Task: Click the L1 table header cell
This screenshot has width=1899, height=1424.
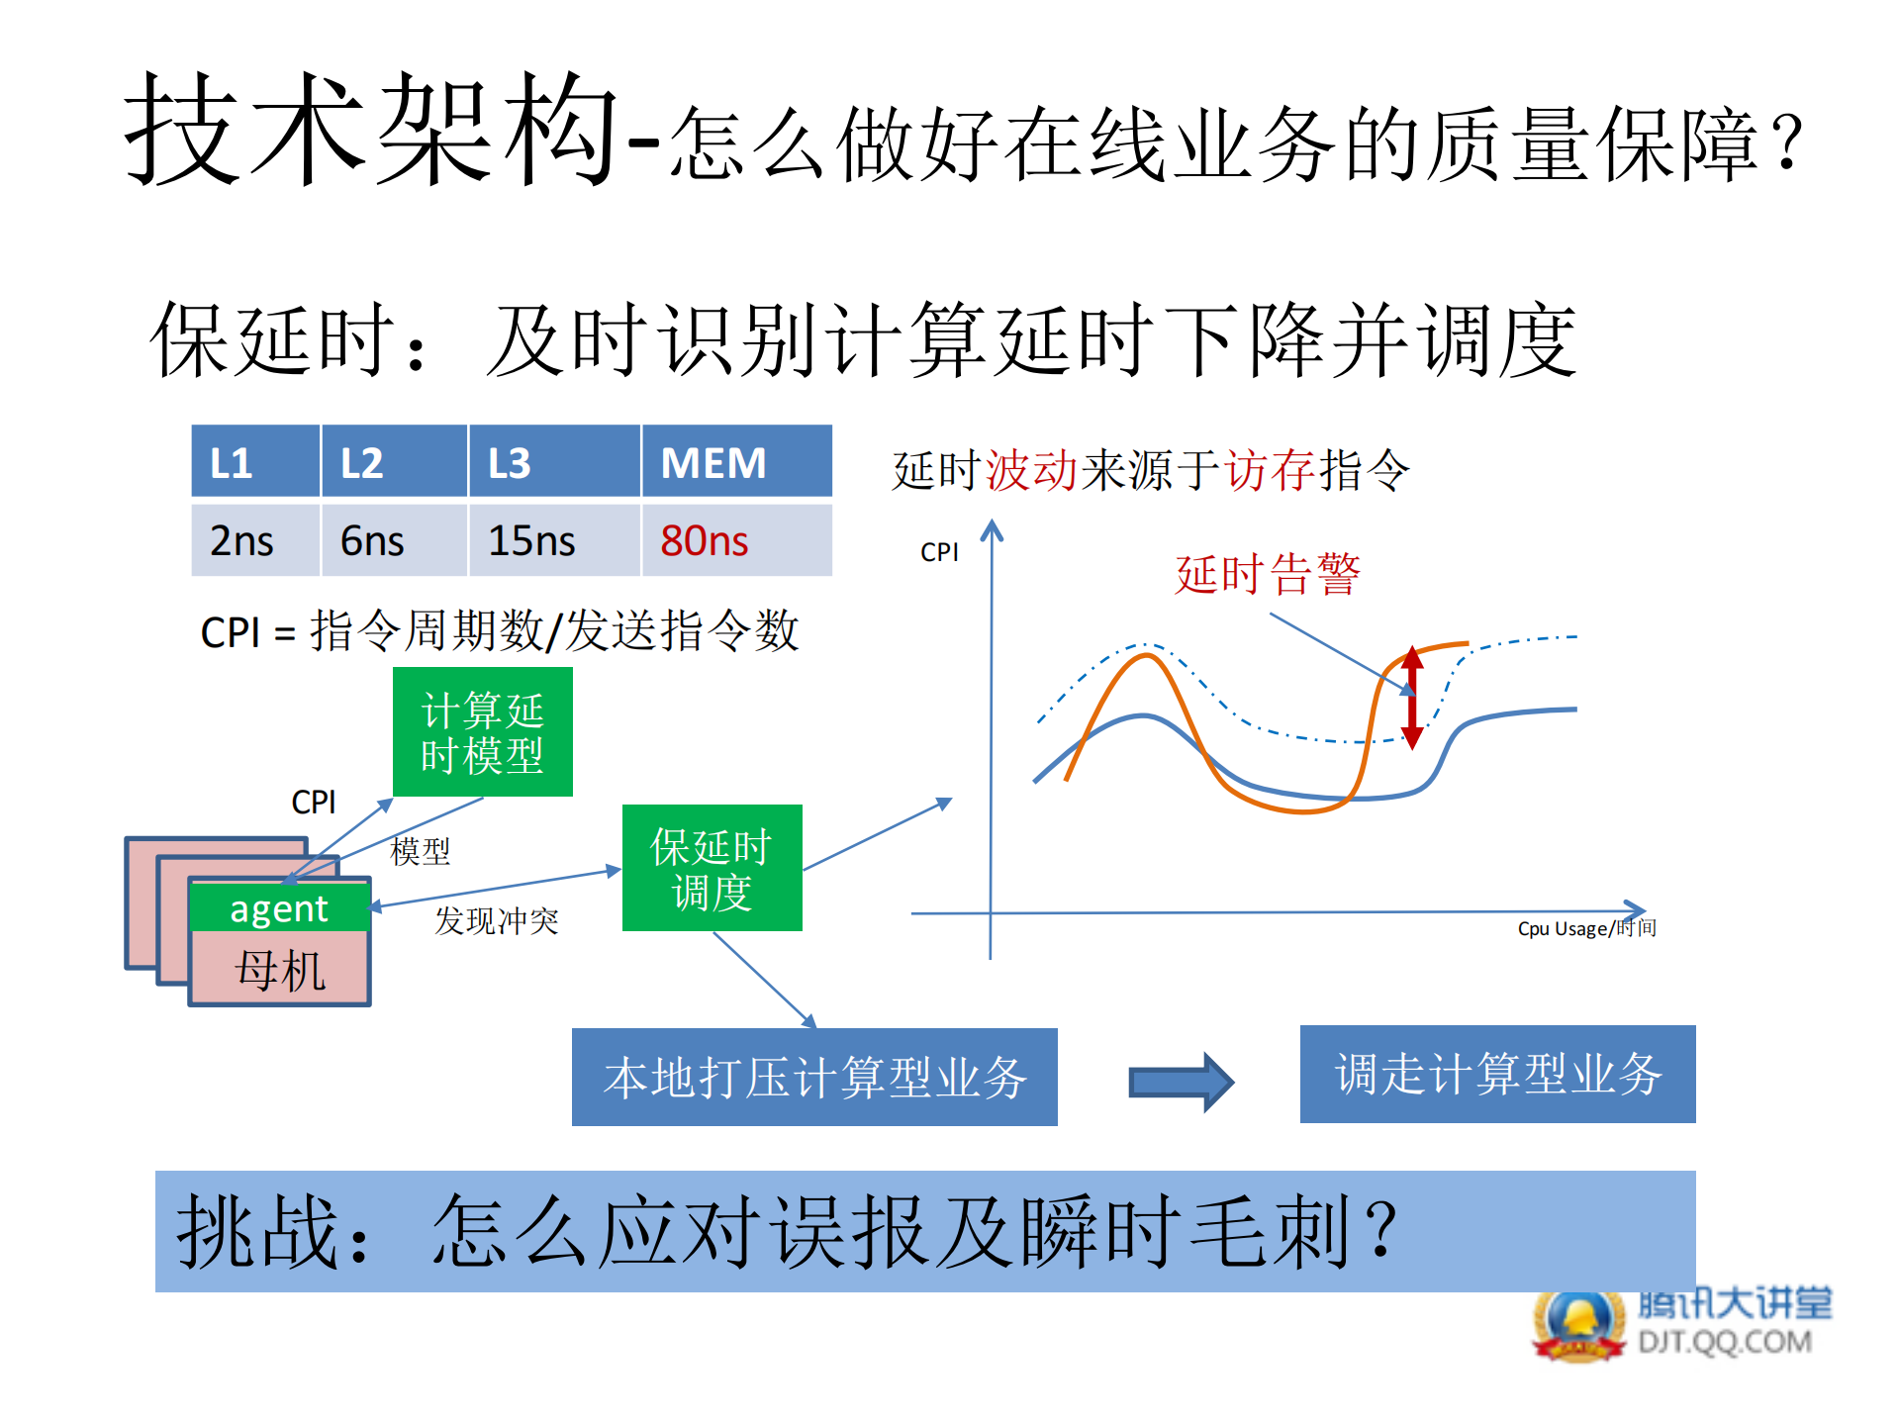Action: point(255,462)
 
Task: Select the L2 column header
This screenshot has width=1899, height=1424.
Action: point(393,462)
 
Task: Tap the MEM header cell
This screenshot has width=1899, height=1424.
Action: point(736,462)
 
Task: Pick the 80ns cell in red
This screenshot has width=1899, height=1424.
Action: point(736,541)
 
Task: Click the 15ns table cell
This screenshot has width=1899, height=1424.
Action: point(553,541)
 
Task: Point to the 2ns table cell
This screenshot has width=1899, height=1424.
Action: point(255,541)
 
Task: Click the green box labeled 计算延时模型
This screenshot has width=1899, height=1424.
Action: point(482,732)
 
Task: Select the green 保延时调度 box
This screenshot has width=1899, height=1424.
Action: point(712,868)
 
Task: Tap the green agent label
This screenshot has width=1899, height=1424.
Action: point(279,908)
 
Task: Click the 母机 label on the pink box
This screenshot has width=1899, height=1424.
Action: point(280,970)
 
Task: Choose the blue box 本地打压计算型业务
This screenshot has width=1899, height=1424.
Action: point(814,1077)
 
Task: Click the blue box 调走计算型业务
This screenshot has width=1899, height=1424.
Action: point(1497,1074)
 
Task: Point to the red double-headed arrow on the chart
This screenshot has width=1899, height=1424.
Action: point(1412,697)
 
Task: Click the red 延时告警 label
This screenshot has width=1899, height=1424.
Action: point(1268,574)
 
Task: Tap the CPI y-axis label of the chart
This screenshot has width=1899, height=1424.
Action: point(939,552)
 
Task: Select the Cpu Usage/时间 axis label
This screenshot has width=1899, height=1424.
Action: point(1586,928)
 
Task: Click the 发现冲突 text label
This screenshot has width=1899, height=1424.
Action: point(497,921)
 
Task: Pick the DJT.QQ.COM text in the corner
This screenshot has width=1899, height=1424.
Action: point(1725,1343)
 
